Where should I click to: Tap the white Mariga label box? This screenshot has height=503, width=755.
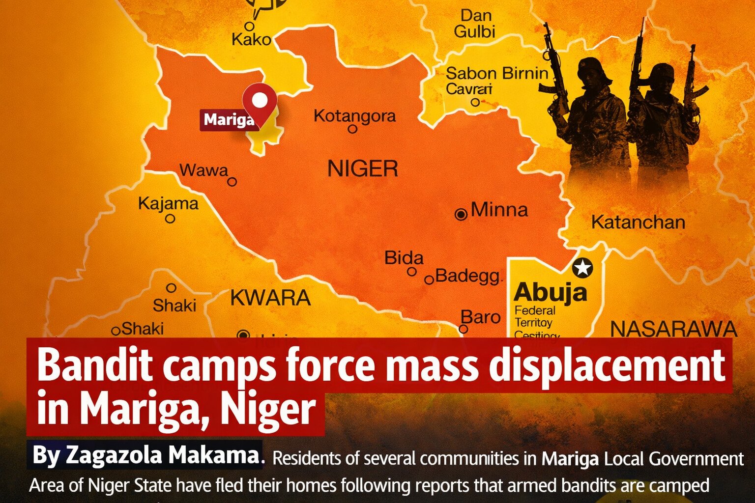(229, 119)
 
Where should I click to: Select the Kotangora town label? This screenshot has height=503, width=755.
(354, 116)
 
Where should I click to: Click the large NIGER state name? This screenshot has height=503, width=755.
(363, 169)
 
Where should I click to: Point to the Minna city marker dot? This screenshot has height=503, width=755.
(461, 214)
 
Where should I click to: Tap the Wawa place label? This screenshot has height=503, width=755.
(203, 170)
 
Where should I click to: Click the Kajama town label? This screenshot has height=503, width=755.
(168, 203)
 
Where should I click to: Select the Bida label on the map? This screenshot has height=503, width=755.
(404, 258)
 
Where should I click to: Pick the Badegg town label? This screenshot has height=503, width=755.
(467, 276)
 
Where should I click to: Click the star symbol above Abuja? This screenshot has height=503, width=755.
(582, 268)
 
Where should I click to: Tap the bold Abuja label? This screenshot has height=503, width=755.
(550, 292)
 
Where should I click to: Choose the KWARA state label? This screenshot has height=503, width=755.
(270, 298)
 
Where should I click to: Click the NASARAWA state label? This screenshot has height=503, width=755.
(673, 329)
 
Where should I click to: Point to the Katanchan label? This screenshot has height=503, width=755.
(638, 223)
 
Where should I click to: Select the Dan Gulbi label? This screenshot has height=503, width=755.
(475, 24)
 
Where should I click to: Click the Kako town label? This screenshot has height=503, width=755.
(251, 39)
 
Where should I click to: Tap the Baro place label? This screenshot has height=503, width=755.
(480, 317)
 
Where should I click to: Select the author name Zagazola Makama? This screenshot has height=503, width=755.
(145, 455)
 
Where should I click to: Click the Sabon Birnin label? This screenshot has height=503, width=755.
(496, 74)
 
